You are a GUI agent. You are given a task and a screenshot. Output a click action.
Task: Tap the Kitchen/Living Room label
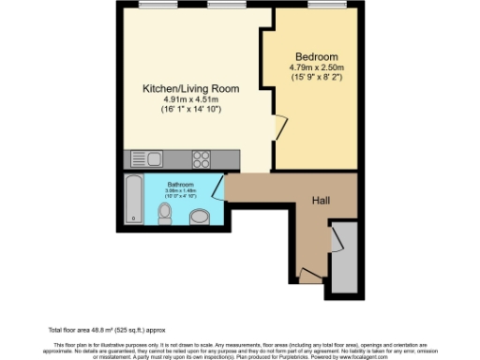(x=190, y=88)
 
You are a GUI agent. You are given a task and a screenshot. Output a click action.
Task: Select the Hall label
(x=321, y=200)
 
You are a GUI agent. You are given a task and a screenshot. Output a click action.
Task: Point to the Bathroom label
(x=180, y=185)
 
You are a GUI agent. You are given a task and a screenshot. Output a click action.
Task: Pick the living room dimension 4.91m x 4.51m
(x=190, y=99)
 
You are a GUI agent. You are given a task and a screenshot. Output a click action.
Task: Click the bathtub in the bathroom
(x=133, y=200)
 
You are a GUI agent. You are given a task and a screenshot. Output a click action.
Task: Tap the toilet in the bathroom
(x=165, y=216)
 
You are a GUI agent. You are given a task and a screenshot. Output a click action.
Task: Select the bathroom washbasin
(x=199, y=218)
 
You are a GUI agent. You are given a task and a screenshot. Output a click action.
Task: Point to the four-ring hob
(x=201, y=157)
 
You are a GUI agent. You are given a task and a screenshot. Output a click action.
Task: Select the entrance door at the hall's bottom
(x=308, y=273)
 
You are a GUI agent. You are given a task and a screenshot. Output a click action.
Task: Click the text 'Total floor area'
(x=74, y=329)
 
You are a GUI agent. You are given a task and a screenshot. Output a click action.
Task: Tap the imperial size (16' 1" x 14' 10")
(x=190, y=110)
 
